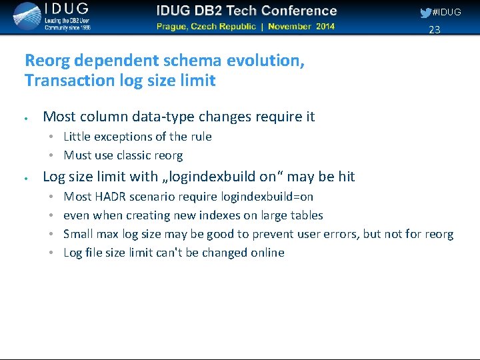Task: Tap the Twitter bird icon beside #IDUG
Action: [x=425, y=13]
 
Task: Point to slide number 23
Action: [x=435, y=29]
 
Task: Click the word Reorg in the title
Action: [x=47, y=61]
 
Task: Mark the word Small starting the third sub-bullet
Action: [x=78, y=234]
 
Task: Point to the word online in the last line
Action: [x=267, y=253]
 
